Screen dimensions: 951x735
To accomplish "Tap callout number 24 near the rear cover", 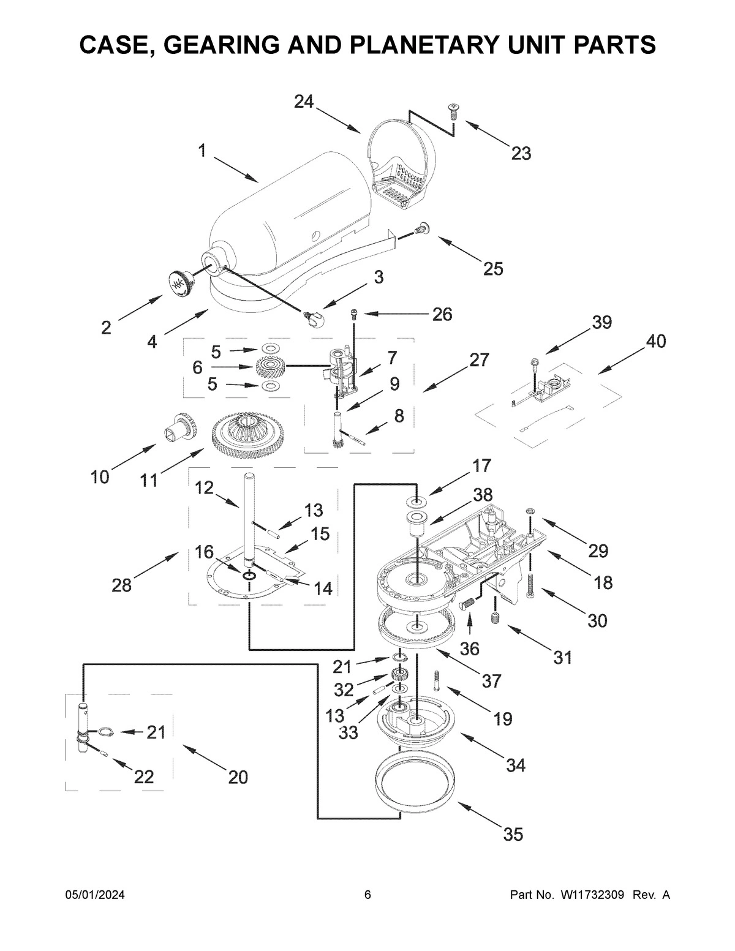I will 303,102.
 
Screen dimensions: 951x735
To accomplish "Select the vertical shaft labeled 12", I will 249,514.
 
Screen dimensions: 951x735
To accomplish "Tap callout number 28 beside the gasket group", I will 121,585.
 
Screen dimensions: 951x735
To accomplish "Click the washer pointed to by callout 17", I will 417,503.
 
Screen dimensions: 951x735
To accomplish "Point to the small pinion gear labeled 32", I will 399,677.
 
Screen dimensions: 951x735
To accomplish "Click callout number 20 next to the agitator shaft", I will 238,777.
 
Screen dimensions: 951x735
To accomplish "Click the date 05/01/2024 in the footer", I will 95,895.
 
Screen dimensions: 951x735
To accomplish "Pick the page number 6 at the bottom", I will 367,895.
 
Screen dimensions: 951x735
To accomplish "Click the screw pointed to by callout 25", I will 420,228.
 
